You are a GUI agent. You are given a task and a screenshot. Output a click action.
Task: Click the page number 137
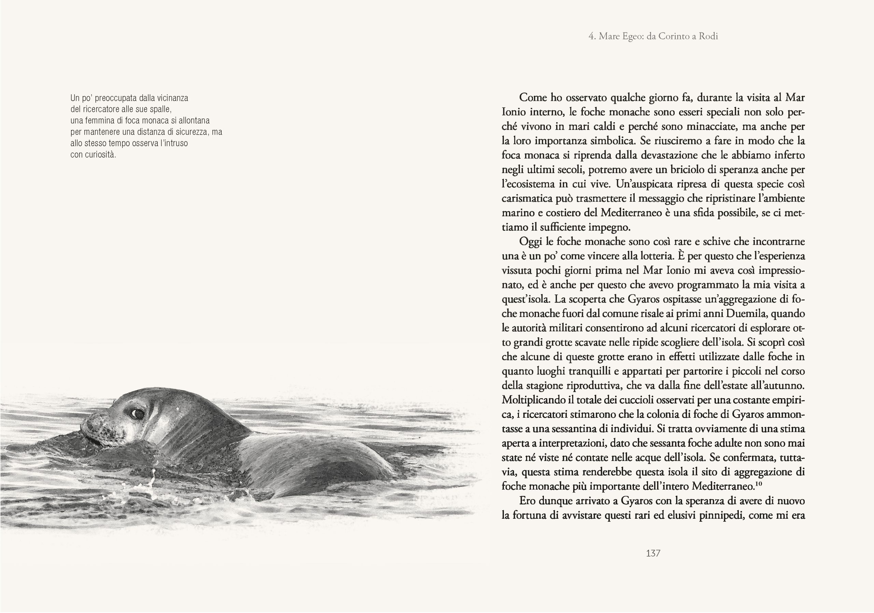pyautogui.click(x=653, y=553)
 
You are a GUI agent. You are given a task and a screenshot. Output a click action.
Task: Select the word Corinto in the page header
pyautogui.click(x=674, y=36)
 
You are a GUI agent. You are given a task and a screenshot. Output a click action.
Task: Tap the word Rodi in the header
pyautogui.click(x=708, y=36)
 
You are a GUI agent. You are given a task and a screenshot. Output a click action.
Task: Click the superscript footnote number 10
pyautogui.click(x=758, y=484)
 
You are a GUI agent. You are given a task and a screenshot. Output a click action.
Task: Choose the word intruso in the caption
pyautogui.click(x=176, y=143)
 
